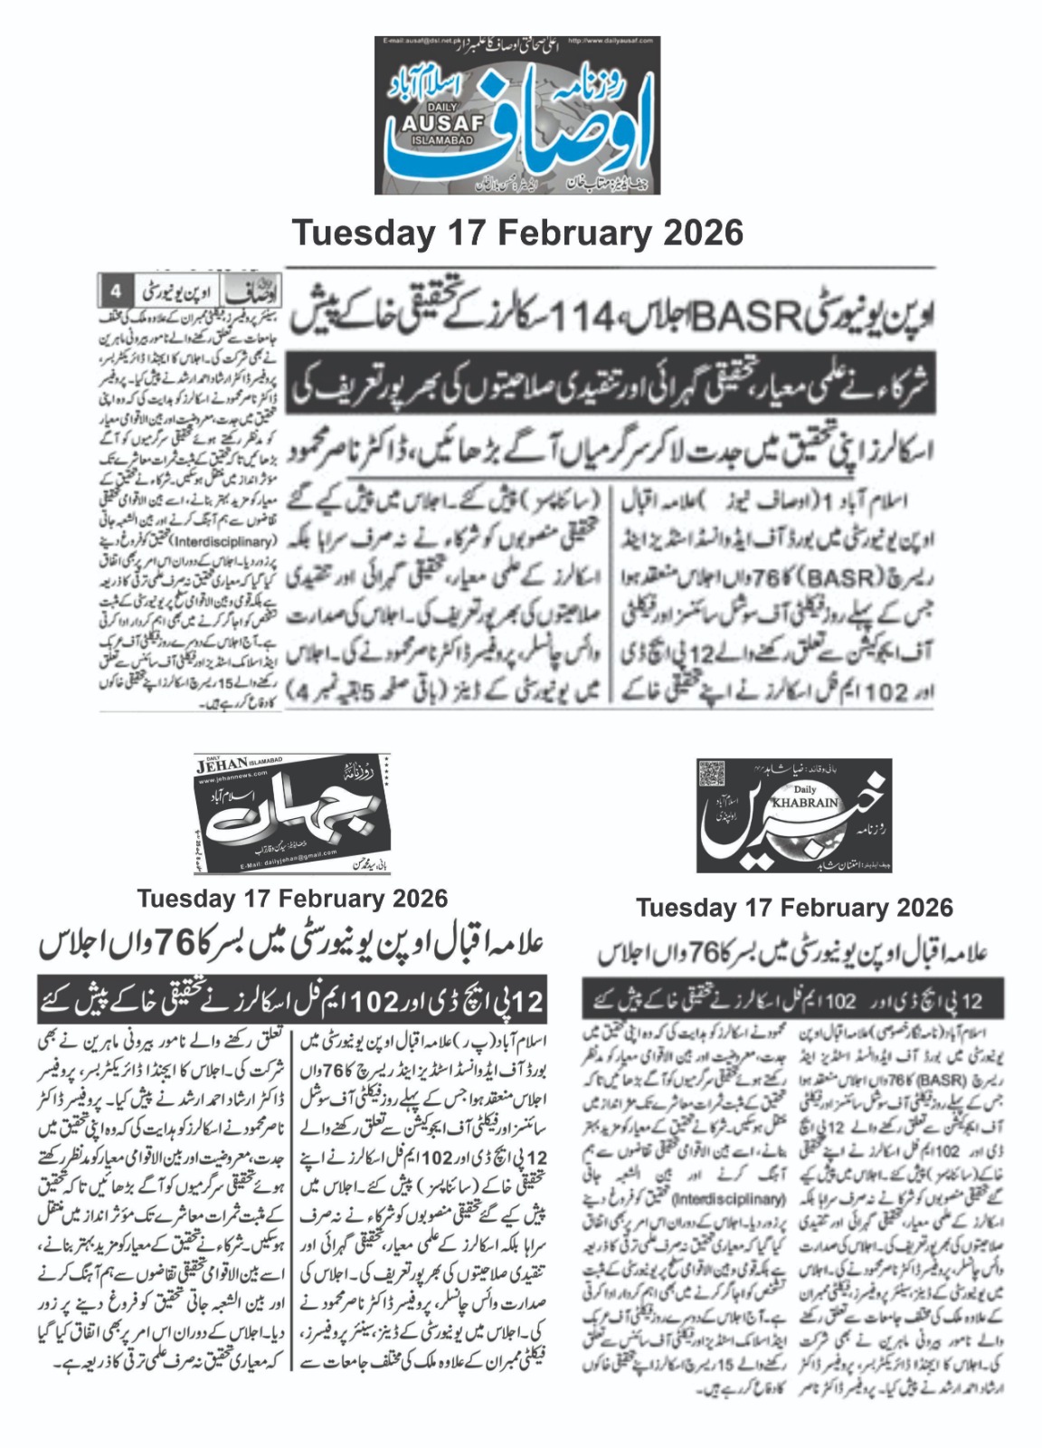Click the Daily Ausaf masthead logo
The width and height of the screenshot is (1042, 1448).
517,115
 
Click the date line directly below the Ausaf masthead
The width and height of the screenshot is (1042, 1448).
517,233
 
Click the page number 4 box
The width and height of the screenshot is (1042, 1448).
116,292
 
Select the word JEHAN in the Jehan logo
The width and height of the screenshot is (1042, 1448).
223,767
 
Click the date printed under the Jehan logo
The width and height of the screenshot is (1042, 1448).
292,899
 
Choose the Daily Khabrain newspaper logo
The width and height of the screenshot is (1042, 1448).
793,815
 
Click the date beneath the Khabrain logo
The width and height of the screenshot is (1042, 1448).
793,908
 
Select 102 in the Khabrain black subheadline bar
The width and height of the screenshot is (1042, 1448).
840,1000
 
